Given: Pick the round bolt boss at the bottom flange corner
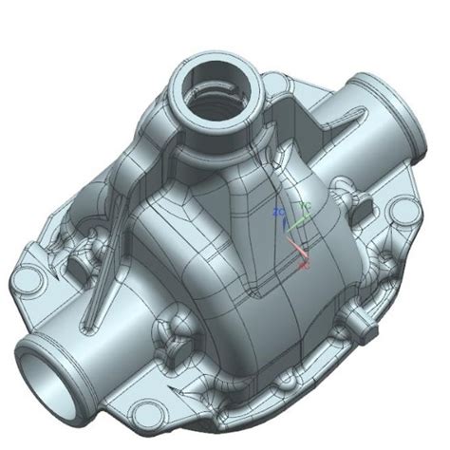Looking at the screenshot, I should click(146, 411).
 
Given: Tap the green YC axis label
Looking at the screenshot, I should click(305, 204).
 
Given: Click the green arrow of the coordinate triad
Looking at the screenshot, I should click(297, 221).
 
